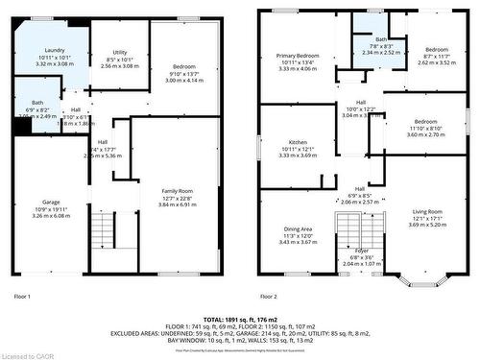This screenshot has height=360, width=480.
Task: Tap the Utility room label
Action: pos(120,52)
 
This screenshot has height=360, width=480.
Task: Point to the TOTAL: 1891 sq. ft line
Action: pos(241,318)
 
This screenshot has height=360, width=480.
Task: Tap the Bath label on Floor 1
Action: pos(37,103)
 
